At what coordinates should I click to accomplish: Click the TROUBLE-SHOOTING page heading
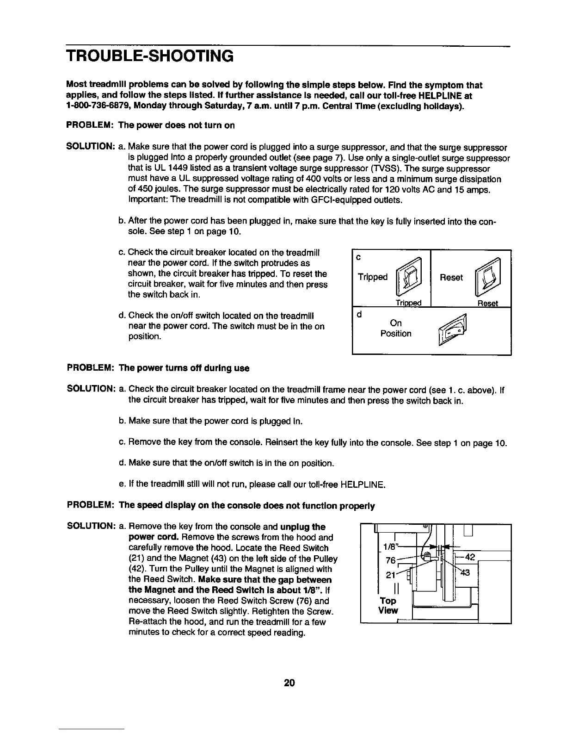[150, 56]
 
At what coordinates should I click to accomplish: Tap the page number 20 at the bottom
[290, 683]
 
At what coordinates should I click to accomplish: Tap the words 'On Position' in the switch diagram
[396, 328]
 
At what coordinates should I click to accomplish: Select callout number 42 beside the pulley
[469, 557]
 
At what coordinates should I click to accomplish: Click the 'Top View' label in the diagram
[388, 605]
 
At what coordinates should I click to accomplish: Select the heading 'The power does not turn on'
[177, 125]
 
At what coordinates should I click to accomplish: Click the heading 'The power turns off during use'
[184, 368]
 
